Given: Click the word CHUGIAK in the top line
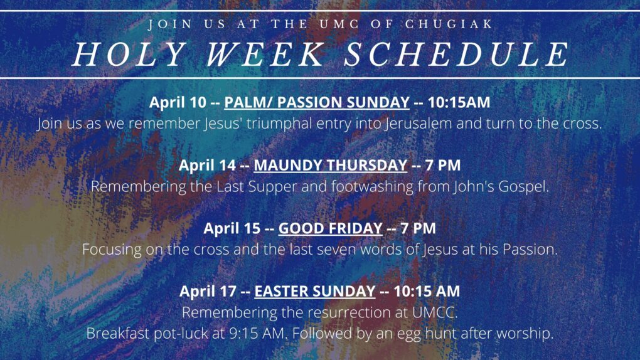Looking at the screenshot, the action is pyautogui.click(x=449, y=24).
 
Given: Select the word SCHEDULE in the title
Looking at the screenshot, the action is pyautogui.click(x=456, y=54).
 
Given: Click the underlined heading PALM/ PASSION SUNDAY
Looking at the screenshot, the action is pyautogui.click(x=317, y=102).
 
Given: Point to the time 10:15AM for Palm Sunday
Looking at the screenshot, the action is pyautogui.click(x=459, y=102).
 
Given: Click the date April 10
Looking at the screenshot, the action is pyautogui.click(x=178, y=102).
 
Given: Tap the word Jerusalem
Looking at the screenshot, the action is pyautogui.click(x=419, y=124).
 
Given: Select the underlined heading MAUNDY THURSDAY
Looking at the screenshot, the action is pyautogui.click(x=331, y=165).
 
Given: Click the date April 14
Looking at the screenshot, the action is pyautogui.click(x=207, y=165).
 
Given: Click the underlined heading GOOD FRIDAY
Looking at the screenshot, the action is pyautogui.click(x=330, y=228).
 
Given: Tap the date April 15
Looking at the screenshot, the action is pyautogui.click(x=232, y=228).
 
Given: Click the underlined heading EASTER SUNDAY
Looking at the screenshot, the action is pyautogui.click(x=315, y=291).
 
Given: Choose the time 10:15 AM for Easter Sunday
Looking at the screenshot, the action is pyautogui.click(x=427, y=291).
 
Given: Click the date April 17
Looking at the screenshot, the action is pyautogui.click(x=208, y=291).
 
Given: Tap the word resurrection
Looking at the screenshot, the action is pyautogui.click(x=355, y=313).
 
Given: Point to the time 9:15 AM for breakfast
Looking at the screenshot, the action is pyautogui.click(x=257, y=334).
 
